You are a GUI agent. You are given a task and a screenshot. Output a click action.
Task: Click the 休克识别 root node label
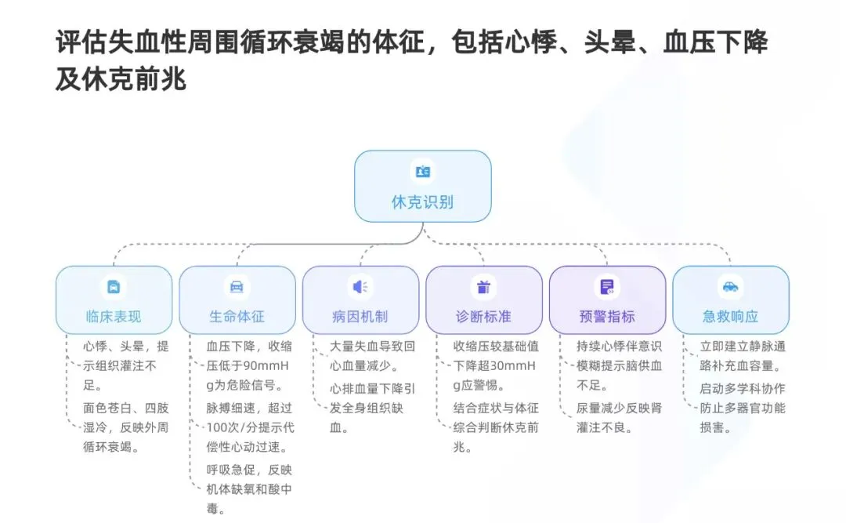422,202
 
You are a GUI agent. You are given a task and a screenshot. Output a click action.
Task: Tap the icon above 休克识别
422,172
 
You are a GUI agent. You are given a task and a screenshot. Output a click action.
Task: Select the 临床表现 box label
114,317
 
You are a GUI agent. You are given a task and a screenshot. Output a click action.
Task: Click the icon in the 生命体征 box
237,286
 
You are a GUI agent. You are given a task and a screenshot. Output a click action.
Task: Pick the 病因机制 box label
360,317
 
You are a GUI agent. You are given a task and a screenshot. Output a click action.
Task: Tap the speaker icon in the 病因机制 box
360,286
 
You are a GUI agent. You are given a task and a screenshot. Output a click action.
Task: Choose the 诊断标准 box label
483,317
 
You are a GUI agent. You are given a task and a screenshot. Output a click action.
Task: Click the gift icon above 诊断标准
483,286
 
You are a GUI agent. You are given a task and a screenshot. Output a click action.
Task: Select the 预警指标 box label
607,317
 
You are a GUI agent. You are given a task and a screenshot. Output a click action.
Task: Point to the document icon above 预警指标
607,286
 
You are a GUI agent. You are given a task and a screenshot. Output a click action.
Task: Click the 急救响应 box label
731,317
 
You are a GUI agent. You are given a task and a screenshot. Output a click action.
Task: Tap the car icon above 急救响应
731,286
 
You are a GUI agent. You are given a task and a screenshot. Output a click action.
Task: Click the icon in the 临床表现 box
114,286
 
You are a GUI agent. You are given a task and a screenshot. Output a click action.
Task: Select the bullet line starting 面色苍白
126,408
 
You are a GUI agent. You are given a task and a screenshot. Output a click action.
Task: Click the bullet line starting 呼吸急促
248,469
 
